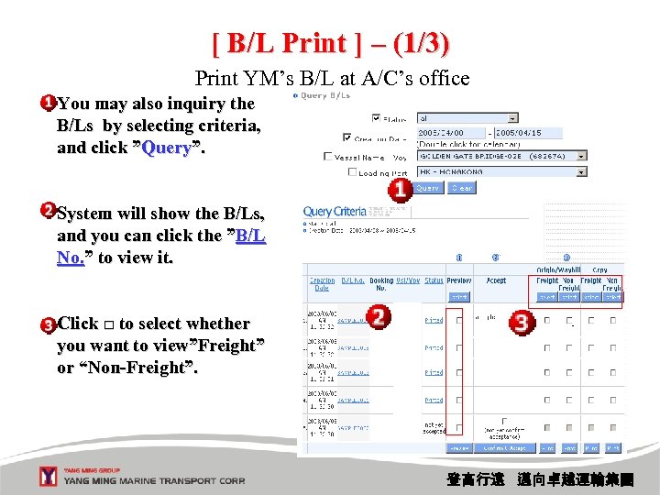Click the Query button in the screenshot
click(x=427, y=188)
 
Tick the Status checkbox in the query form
click(x=376, y=118)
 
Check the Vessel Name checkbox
click(x=328, y=157)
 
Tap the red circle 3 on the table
click(x=522, y=322)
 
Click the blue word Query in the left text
click(x=166, y=148)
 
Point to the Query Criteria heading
click(x=334, y=212)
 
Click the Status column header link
click(x=434, y=281)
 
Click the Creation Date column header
click(x=322, y=285)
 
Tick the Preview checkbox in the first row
click(x=459, y=321)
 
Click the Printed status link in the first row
click(x=434, y=321)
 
